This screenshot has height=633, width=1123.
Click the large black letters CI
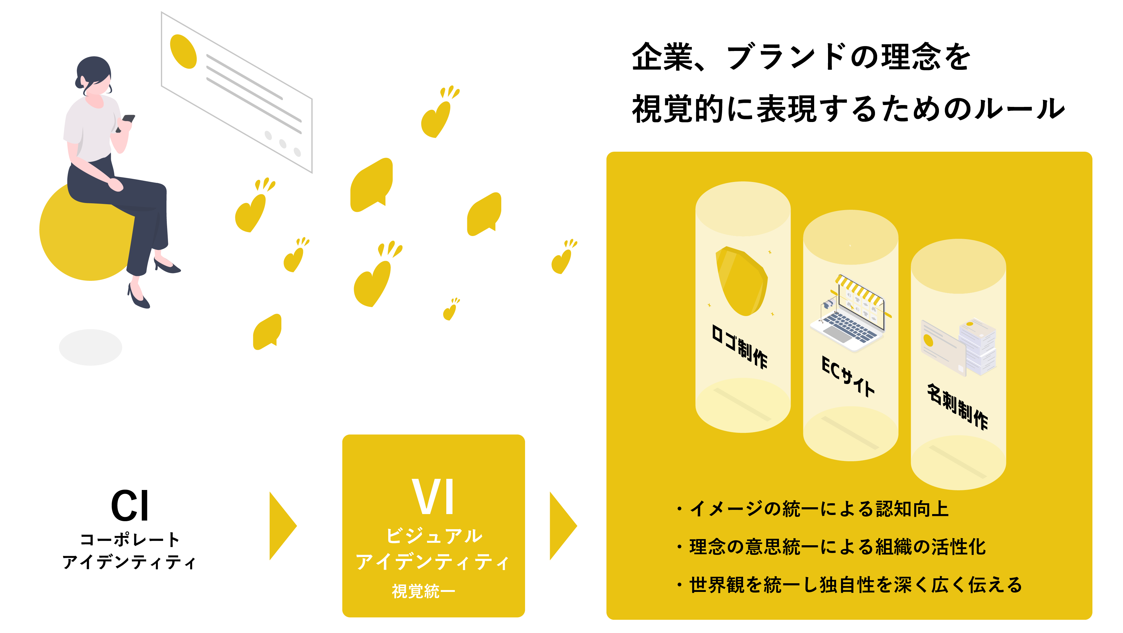(130, 506)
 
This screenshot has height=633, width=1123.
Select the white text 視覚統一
(423, 591)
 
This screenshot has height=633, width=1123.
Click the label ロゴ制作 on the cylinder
(739, 347)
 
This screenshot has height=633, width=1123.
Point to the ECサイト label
(848, 376)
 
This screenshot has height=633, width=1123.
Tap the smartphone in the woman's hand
(128, 119)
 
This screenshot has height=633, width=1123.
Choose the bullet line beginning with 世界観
(850, 584)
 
